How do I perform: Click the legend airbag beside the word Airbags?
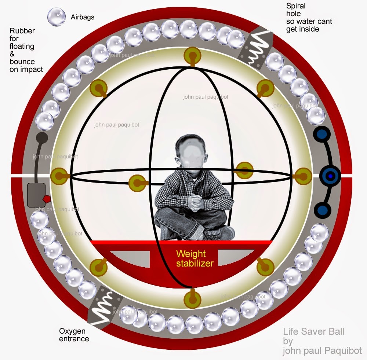57,17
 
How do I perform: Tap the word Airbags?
82,17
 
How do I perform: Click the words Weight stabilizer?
195,258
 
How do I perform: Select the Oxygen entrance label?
74,335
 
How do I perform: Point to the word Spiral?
296,6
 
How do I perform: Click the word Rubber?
22,31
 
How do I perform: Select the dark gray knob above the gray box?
42,138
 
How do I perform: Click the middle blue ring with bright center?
330,176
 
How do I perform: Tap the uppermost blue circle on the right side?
322,134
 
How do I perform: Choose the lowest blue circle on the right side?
322,210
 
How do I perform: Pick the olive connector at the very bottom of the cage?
192,299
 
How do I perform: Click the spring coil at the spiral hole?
255,48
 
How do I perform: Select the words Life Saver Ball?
314,331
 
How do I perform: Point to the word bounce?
22,62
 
